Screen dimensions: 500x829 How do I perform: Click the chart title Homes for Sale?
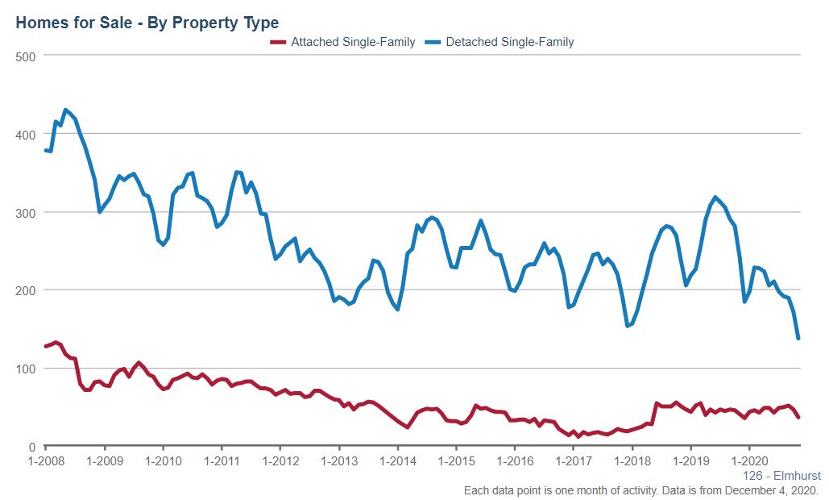click(x=147, y=22)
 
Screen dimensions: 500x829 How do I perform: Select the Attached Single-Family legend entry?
click(x=342, y=42)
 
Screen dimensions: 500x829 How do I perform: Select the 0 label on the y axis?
click(x=32, y=447)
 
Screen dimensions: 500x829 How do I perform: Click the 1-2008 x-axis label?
click(x=45, y=461)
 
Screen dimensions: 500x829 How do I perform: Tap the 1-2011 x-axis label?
click(x=221, y=461)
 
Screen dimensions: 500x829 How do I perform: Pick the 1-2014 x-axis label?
click(x=397, y=461)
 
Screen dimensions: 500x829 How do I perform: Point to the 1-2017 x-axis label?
click(x=573, y=461)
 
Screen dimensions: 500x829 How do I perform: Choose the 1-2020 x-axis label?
click(x=749, y=461)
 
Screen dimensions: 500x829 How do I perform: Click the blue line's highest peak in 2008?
click(x=65, y=110)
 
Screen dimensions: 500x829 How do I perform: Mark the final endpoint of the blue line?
click(x=798, y=339)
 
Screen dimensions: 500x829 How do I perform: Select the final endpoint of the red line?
click(x=798, y=417)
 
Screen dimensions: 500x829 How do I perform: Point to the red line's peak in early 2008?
click(x=56, y=342)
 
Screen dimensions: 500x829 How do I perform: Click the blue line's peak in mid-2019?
click(x=715, y=197)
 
